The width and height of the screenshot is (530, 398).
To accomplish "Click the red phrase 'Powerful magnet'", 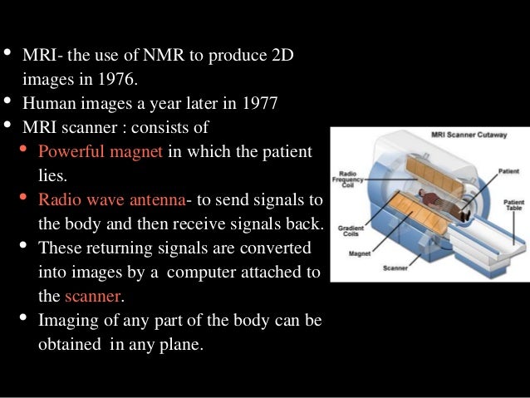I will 102,153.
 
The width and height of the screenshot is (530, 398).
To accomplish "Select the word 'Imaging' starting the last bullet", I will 67,320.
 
